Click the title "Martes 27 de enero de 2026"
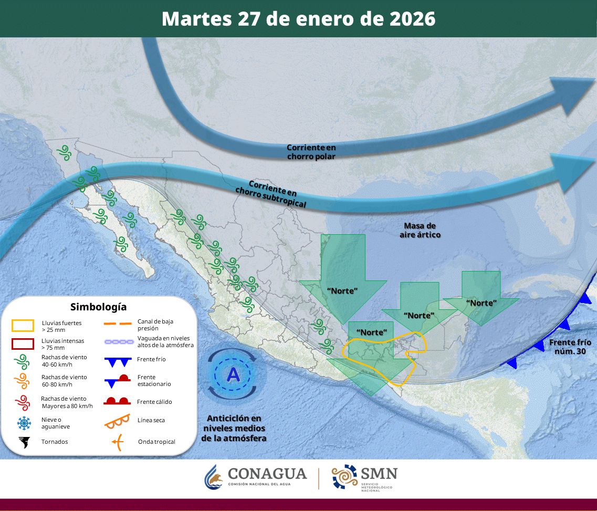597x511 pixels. (x=298, y=18)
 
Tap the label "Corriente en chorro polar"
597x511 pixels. (x=311, y=152)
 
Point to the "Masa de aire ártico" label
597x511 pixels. (x=420, y=230)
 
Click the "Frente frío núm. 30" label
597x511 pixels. (x=567, y=347)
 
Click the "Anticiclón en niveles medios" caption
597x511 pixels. (x=234, y=428)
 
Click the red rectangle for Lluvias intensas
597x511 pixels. (x=23, y=343)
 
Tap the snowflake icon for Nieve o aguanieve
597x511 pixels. (x=23, y=423)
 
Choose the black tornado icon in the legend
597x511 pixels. (x=23, y=442)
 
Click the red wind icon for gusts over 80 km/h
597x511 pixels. (x=23, y=402)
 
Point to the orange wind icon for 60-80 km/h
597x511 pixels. (x=23, y=380)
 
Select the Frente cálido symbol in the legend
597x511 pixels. (x=117, y=402)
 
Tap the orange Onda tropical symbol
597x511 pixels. (x=118, y=442)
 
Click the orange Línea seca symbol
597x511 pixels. (x=117, y=420)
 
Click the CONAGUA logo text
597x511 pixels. (x=267, y=474)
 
